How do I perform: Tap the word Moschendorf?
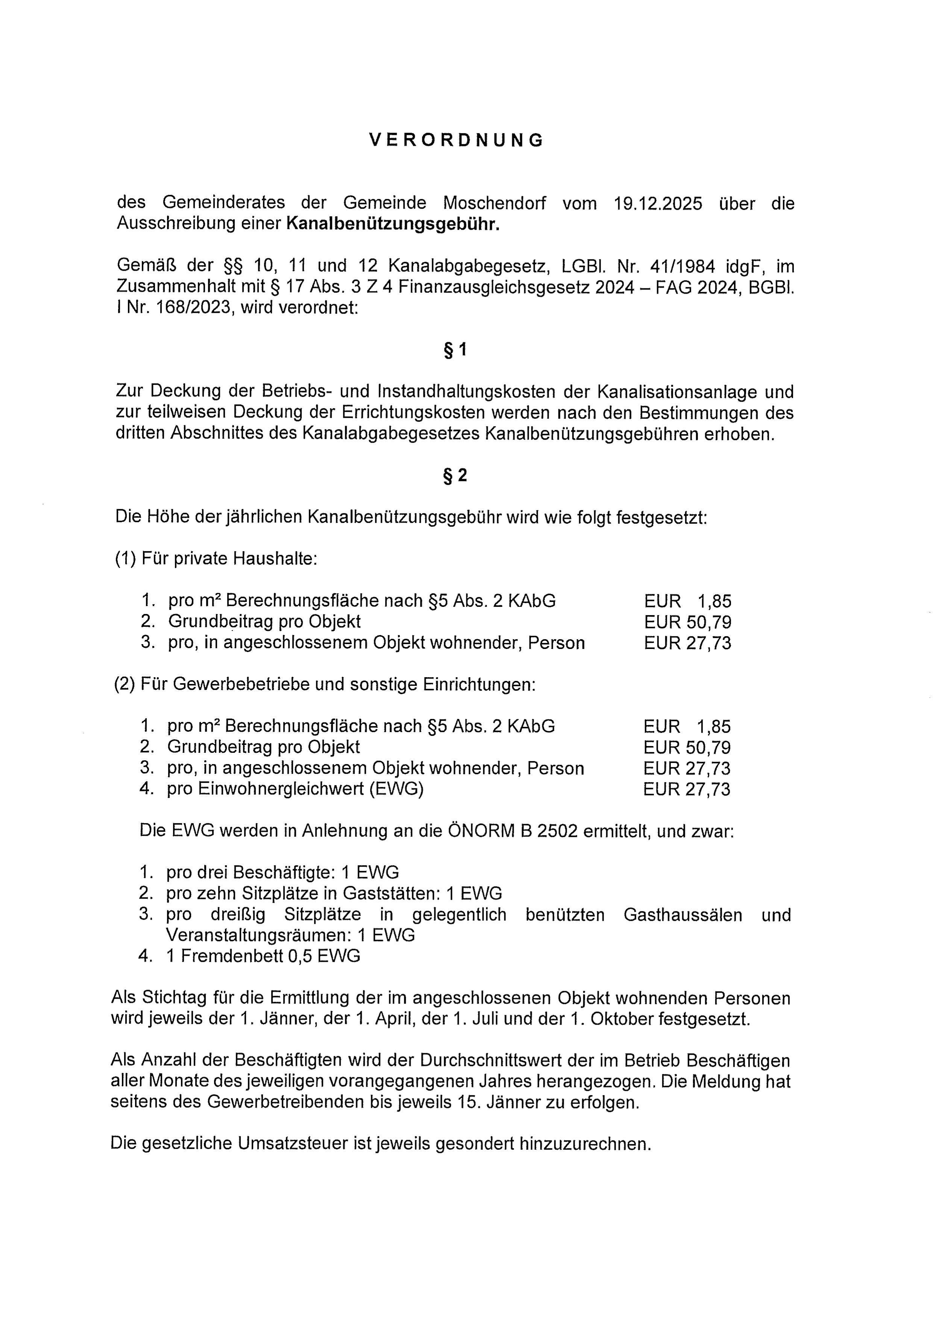[x=495, y=203]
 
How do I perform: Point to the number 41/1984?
[x=683, y=266]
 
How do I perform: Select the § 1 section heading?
[x=455, y=350]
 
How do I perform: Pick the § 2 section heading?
[x=455, y=476]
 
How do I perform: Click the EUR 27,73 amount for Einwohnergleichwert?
[x=687, y=789]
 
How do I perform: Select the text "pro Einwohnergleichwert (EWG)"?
[x=295, y=789]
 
